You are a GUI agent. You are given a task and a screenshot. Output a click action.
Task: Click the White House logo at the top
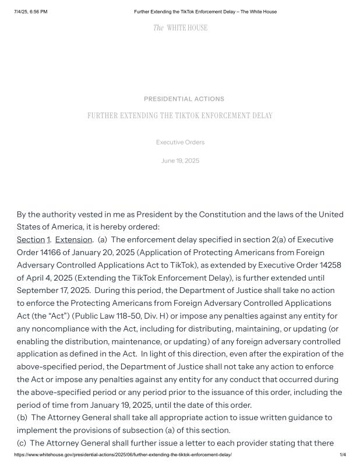(x=180, y=28)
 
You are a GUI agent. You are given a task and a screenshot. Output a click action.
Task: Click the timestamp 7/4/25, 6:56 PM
(x=31, y=12)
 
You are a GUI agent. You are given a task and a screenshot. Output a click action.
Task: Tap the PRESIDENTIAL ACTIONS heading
(x=184, y=99)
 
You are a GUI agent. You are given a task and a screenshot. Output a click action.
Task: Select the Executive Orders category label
(x=180, y=142)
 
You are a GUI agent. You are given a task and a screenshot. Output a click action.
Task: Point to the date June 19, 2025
(x=180, y=161)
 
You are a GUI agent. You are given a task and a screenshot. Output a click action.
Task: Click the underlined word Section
(x=31, y=239)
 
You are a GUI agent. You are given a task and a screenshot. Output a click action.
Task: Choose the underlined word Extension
(x=73, y=239)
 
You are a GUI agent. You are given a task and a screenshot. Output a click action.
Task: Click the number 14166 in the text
(x=54, y=252)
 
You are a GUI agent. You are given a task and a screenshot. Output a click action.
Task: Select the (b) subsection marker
(x=22, y=418)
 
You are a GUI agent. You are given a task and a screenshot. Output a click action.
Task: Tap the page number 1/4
(x=343, y=454)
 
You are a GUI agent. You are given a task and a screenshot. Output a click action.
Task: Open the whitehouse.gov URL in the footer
(x=123, y=454)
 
